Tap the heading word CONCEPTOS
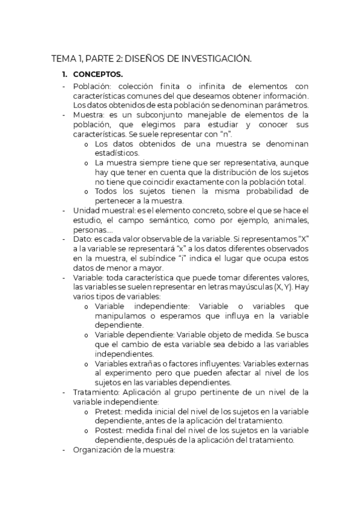pyautogui.click(x=98, y=75)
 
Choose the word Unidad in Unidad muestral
pyautogui.click(x=85, y=210)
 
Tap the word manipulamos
pyautogui.click(x=121, y=316)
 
